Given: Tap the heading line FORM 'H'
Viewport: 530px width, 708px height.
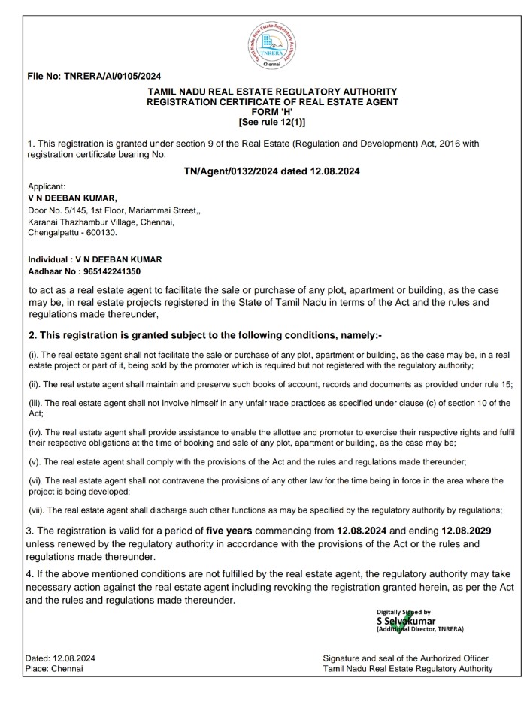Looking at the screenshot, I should [x=272, y=111].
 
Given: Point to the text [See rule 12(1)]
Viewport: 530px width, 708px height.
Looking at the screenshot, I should [x=272, y=121].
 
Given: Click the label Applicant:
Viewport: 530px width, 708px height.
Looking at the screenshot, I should [x=47, y=186].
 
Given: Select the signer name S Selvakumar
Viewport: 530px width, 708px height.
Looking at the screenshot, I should [x=406, y=621].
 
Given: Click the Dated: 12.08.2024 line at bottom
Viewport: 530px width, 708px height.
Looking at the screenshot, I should [x=60, y=658].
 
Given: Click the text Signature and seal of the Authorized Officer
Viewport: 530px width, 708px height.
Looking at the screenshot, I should [x=407, y=658].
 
